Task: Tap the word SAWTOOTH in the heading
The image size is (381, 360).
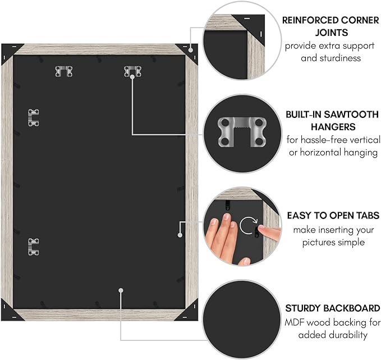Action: [351, 115]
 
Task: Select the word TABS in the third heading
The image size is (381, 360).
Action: [368, 216]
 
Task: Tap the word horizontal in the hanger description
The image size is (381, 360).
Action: [320, 152]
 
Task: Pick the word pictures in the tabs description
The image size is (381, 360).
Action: [317, 243]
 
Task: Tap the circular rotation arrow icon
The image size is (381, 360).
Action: [249, 225]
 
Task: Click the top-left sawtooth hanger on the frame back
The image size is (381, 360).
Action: [63, 71]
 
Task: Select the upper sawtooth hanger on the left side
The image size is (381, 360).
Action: [33, 118]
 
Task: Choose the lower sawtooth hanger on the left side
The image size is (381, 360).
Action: [33, 247]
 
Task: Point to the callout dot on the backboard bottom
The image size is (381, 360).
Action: [121, 290]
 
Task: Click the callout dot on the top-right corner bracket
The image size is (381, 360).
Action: [191, 50]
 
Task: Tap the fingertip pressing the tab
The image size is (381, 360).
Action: [262, 228]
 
